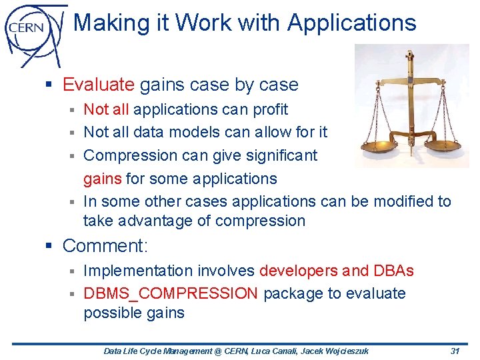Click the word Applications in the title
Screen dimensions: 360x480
point(351,23)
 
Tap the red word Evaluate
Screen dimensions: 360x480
point(99,85)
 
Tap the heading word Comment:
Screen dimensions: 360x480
point(105,245)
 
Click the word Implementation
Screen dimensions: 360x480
point(137,271)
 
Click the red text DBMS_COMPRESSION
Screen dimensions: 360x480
point(170,293)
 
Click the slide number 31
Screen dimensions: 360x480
point(455,351)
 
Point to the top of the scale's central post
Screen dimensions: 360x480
point(409,55)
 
